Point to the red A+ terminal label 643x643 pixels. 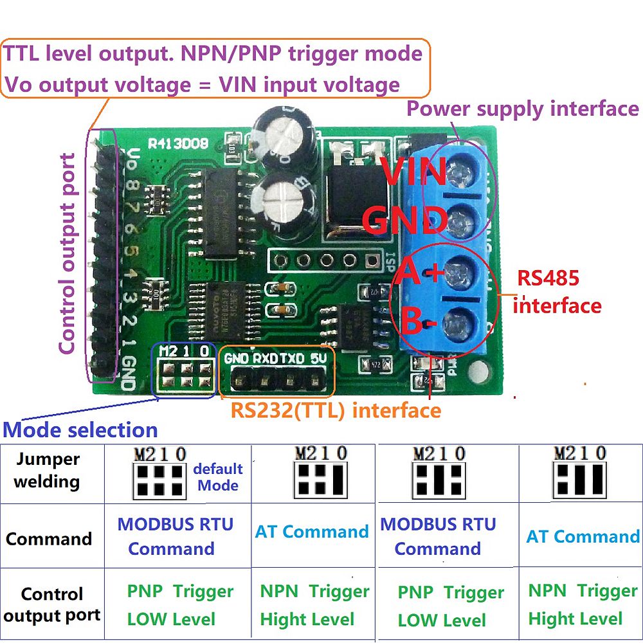click(421, 274)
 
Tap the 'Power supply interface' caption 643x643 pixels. click(523, 109)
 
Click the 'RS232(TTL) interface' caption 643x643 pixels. click(336, 410)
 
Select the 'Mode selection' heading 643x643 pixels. click(80, 430)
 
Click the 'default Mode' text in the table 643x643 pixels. click(218, 477)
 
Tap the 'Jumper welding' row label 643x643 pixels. click(48, 470)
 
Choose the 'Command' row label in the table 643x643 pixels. click(49, 538)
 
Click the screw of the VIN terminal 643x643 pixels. click(458, 172)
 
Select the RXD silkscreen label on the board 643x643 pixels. click(265, 358)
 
